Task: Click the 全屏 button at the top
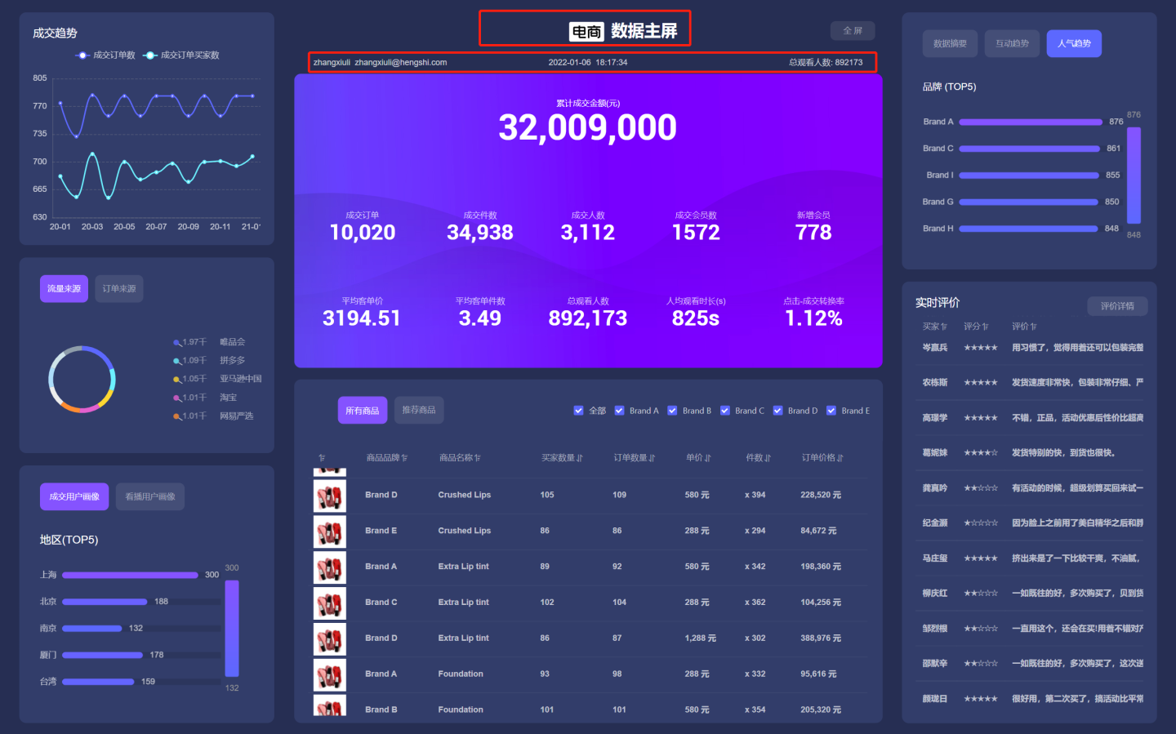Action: point(853,31)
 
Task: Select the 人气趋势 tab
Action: point(1074,44)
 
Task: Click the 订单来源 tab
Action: point(119,289)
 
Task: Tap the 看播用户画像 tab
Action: point(150,497)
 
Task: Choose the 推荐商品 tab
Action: point(419,410)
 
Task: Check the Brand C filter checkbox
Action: point(724,411)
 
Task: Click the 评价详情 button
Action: point(1117,306)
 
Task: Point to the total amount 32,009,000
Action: point(587,127)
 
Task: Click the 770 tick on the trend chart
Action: point(40,106)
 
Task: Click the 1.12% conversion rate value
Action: point(813,318)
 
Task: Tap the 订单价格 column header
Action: point(822,458)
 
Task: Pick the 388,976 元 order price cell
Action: point(821,638)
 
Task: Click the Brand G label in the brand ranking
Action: point(938,202)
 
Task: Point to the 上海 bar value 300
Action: point(212,575)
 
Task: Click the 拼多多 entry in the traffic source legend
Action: point(232,360)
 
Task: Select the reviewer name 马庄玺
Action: point(935,558)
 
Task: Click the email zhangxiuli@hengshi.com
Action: point(400,63)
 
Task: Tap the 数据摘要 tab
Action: point(950,44)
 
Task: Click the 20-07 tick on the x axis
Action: point(156,227)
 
